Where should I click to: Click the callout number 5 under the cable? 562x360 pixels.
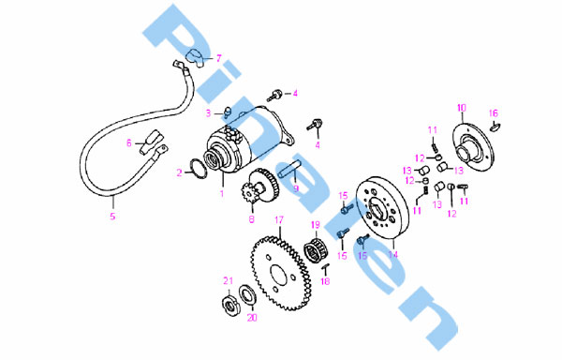[112, 217]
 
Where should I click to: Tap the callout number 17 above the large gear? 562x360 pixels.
[279, 219]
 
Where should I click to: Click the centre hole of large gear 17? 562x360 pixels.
[278, 276]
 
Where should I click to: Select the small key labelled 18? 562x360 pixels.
[325, 266]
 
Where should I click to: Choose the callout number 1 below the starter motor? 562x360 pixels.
[222, 194]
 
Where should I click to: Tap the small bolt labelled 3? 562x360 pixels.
[228, 112]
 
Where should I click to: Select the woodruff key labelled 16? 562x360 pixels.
[495, 127]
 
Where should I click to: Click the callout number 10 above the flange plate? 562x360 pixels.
[462, 108]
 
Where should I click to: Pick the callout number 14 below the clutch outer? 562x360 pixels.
[393, 255]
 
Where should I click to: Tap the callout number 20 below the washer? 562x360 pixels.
[252, 318]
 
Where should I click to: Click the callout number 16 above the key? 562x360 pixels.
[494, 113]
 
